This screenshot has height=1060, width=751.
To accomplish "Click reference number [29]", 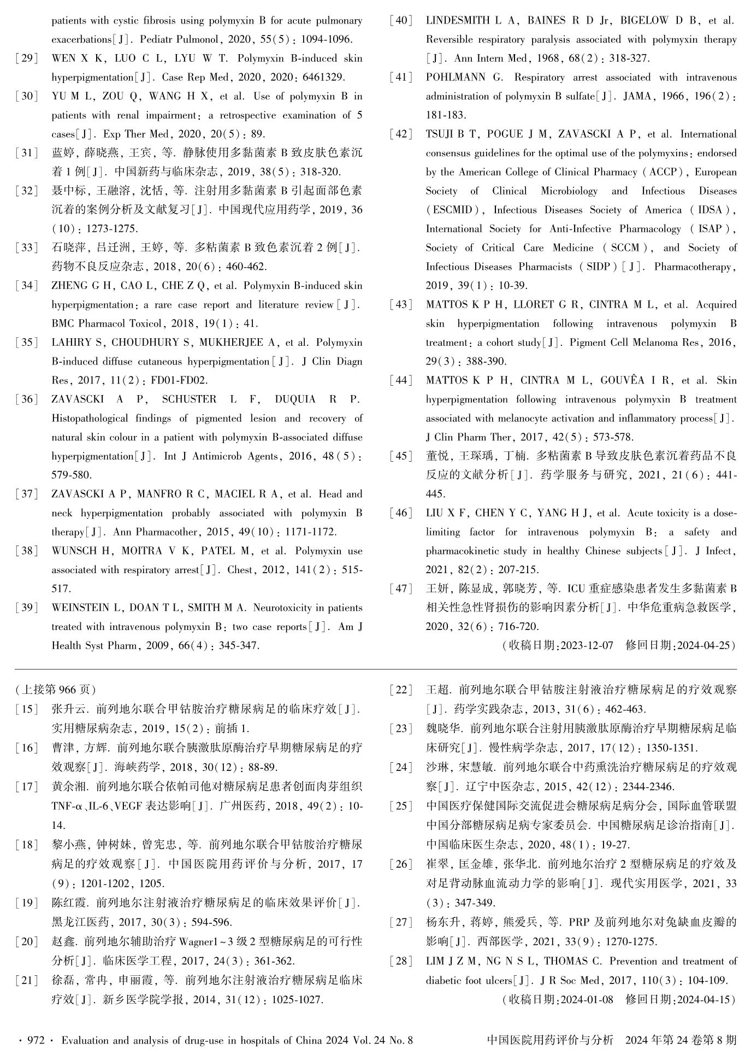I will [x=27, y=58].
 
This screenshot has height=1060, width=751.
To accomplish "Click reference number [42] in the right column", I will [x=401, y=134].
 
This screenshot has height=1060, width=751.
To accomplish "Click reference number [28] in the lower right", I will [x=401, y=961].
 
